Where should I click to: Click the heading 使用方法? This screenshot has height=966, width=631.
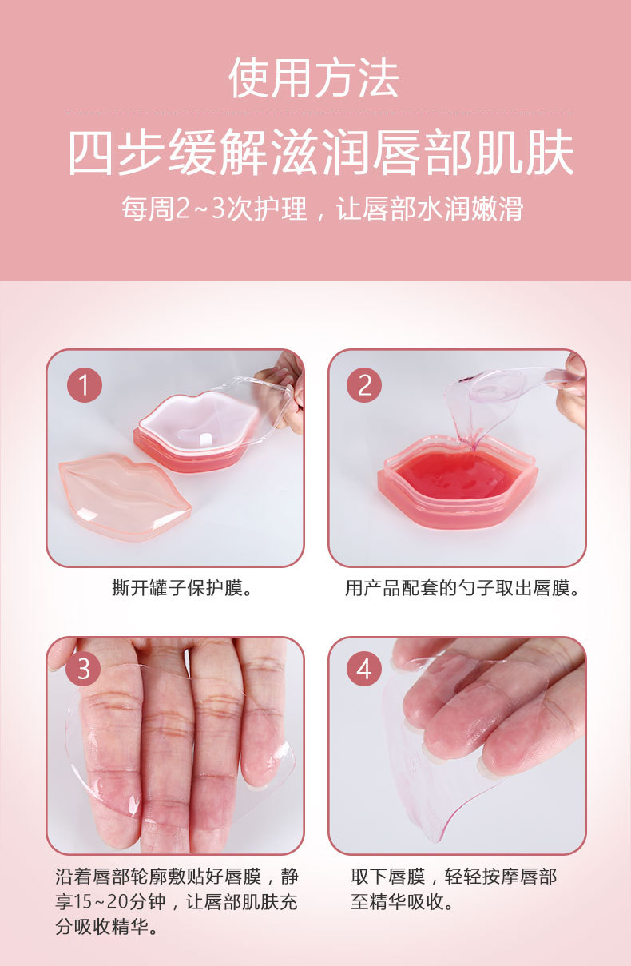314,78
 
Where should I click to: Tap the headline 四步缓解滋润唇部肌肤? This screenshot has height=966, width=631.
320,153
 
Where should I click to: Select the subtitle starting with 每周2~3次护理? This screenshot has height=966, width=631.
322,209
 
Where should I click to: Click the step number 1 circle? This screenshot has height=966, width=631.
84,386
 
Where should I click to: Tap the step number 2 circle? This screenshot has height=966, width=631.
364,386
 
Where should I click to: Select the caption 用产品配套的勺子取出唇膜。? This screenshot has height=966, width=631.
462,590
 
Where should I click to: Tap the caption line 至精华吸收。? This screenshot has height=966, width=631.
403,903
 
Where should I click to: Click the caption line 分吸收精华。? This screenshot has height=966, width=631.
106,928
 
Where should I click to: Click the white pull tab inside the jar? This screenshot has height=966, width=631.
203,439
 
